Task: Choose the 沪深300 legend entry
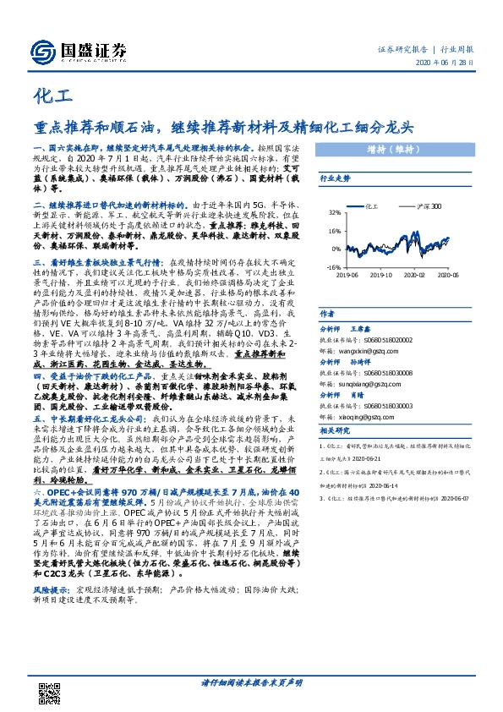(428, 205)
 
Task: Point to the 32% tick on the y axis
(335, 213)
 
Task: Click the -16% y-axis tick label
(334, 267)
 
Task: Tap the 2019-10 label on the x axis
(382, 275)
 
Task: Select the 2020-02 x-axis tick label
(414, 275)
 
